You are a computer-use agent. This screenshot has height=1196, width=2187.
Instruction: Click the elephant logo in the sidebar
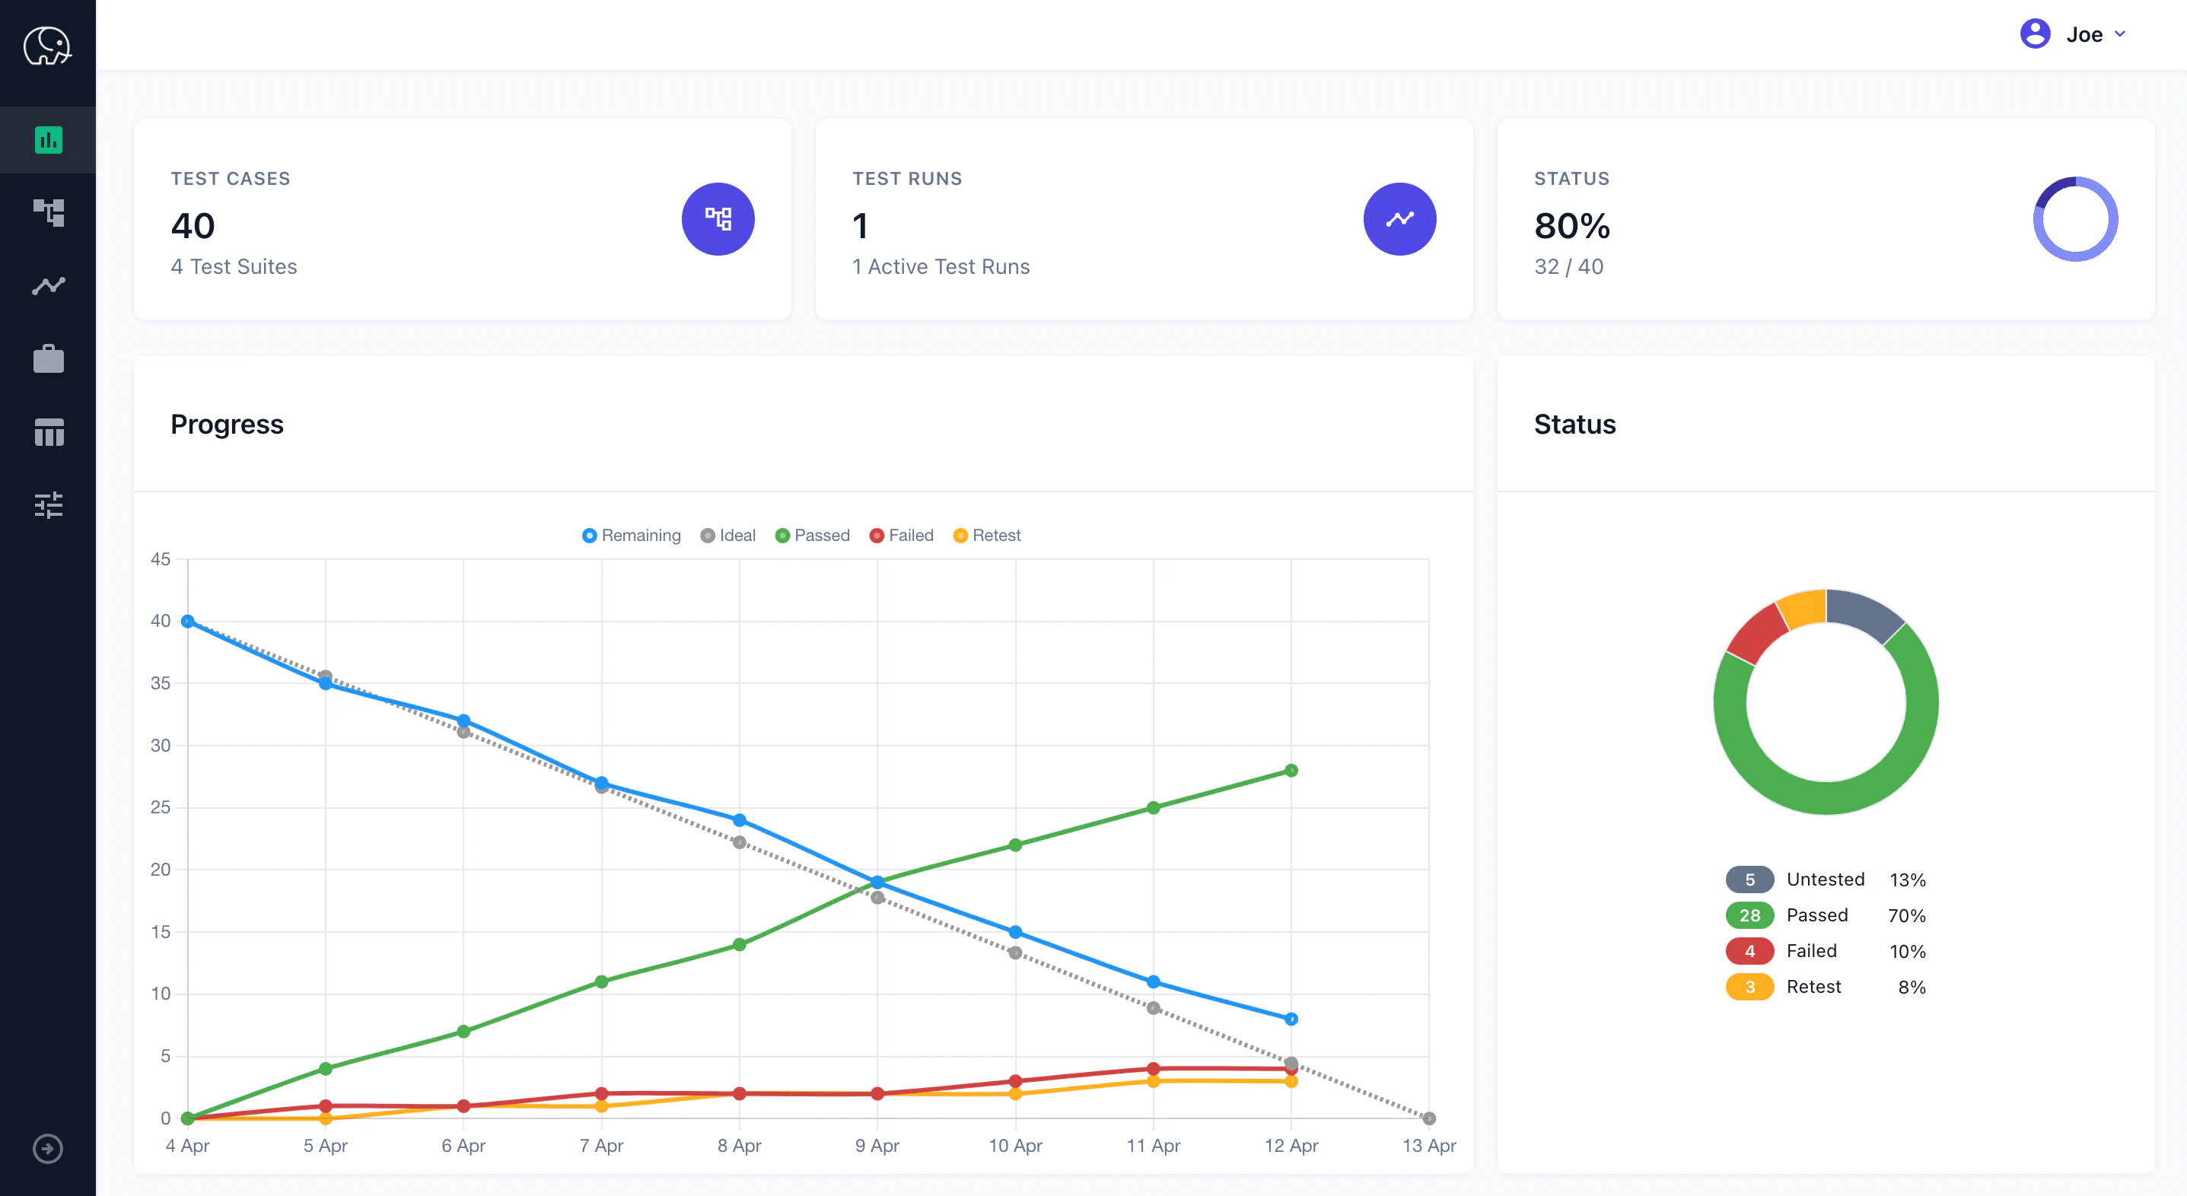pyautogui.click(x=47, y=46)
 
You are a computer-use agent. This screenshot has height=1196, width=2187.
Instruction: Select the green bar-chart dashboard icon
pyautogui.click(x=49, y=140)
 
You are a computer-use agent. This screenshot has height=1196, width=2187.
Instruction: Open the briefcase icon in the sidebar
pyautogui.click(x=49, y=359)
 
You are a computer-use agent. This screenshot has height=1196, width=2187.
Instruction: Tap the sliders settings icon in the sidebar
pyautogui.click(x=49, y=505)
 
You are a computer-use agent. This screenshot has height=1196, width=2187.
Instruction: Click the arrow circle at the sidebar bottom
pyautogui.click(x=47, y=1149)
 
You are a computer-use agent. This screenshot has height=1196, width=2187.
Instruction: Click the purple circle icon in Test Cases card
pyautogui.click(x=718, y=219)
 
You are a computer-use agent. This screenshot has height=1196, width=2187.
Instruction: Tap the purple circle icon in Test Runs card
pyautogui.click(x=1399, y=219)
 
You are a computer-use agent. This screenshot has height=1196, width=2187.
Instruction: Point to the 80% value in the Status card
pyautogui.click(x=1571, y=226)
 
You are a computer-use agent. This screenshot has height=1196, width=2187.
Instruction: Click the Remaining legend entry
pyautogui.click(x=632, y=536)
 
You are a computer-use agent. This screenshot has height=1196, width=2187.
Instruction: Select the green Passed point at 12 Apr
pyautogui.click(x=1291, y=771)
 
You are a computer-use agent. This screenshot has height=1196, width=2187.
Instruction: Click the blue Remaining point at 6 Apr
pyautogui.click(x=463, y=720)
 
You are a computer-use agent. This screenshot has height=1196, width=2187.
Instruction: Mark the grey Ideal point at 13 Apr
pyautogui.click(x=1429, y=1118)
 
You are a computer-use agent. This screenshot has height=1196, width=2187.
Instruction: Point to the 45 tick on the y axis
pyautogui.click(x=161, y=559)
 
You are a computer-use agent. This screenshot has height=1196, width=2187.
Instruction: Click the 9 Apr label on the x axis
pyautogui.click(x=877, y=1146)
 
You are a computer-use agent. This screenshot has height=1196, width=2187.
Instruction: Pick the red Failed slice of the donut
pyautogui.click(x=1756, y=633)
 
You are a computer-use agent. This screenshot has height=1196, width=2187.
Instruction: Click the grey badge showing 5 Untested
pyautogui.click(x=1749, y=880)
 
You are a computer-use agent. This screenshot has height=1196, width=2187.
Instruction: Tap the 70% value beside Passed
pyautogui.click(x=1906, y=916)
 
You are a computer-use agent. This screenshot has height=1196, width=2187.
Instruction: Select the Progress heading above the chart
pyautogui.click(x=227, y=425)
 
